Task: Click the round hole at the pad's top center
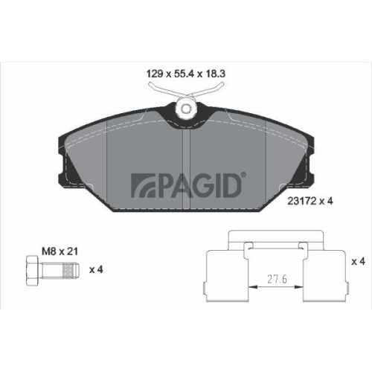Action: tap(185, 109)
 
